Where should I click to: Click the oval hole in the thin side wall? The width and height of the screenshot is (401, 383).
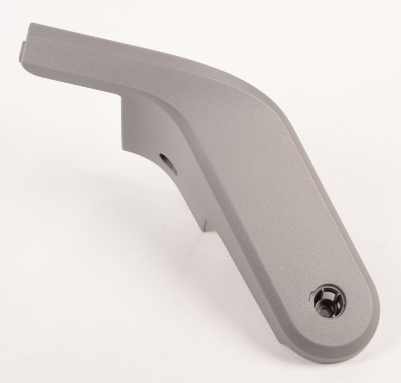pos(164,159)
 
